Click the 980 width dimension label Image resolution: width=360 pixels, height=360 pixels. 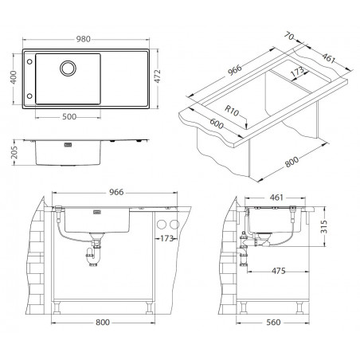tap(84, 39)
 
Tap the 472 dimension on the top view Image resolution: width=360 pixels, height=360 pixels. tap(158, 76)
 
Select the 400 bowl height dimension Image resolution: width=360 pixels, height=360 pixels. tap(14, 77)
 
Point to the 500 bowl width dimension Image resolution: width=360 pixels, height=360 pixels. tap(69, 117)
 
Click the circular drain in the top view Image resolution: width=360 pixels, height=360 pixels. tap(68, 68)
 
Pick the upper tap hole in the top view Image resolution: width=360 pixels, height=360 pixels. tap(29, 61)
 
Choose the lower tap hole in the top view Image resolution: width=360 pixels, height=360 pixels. tap(29, 96)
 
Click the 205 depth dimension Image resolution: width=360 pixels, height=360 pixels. tap(14, 153)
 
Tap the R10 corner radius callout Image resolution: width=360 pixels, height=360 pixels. tap(232, 111)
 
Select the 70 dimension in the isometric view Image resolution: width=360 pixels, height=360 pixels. tap(289, 36)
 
